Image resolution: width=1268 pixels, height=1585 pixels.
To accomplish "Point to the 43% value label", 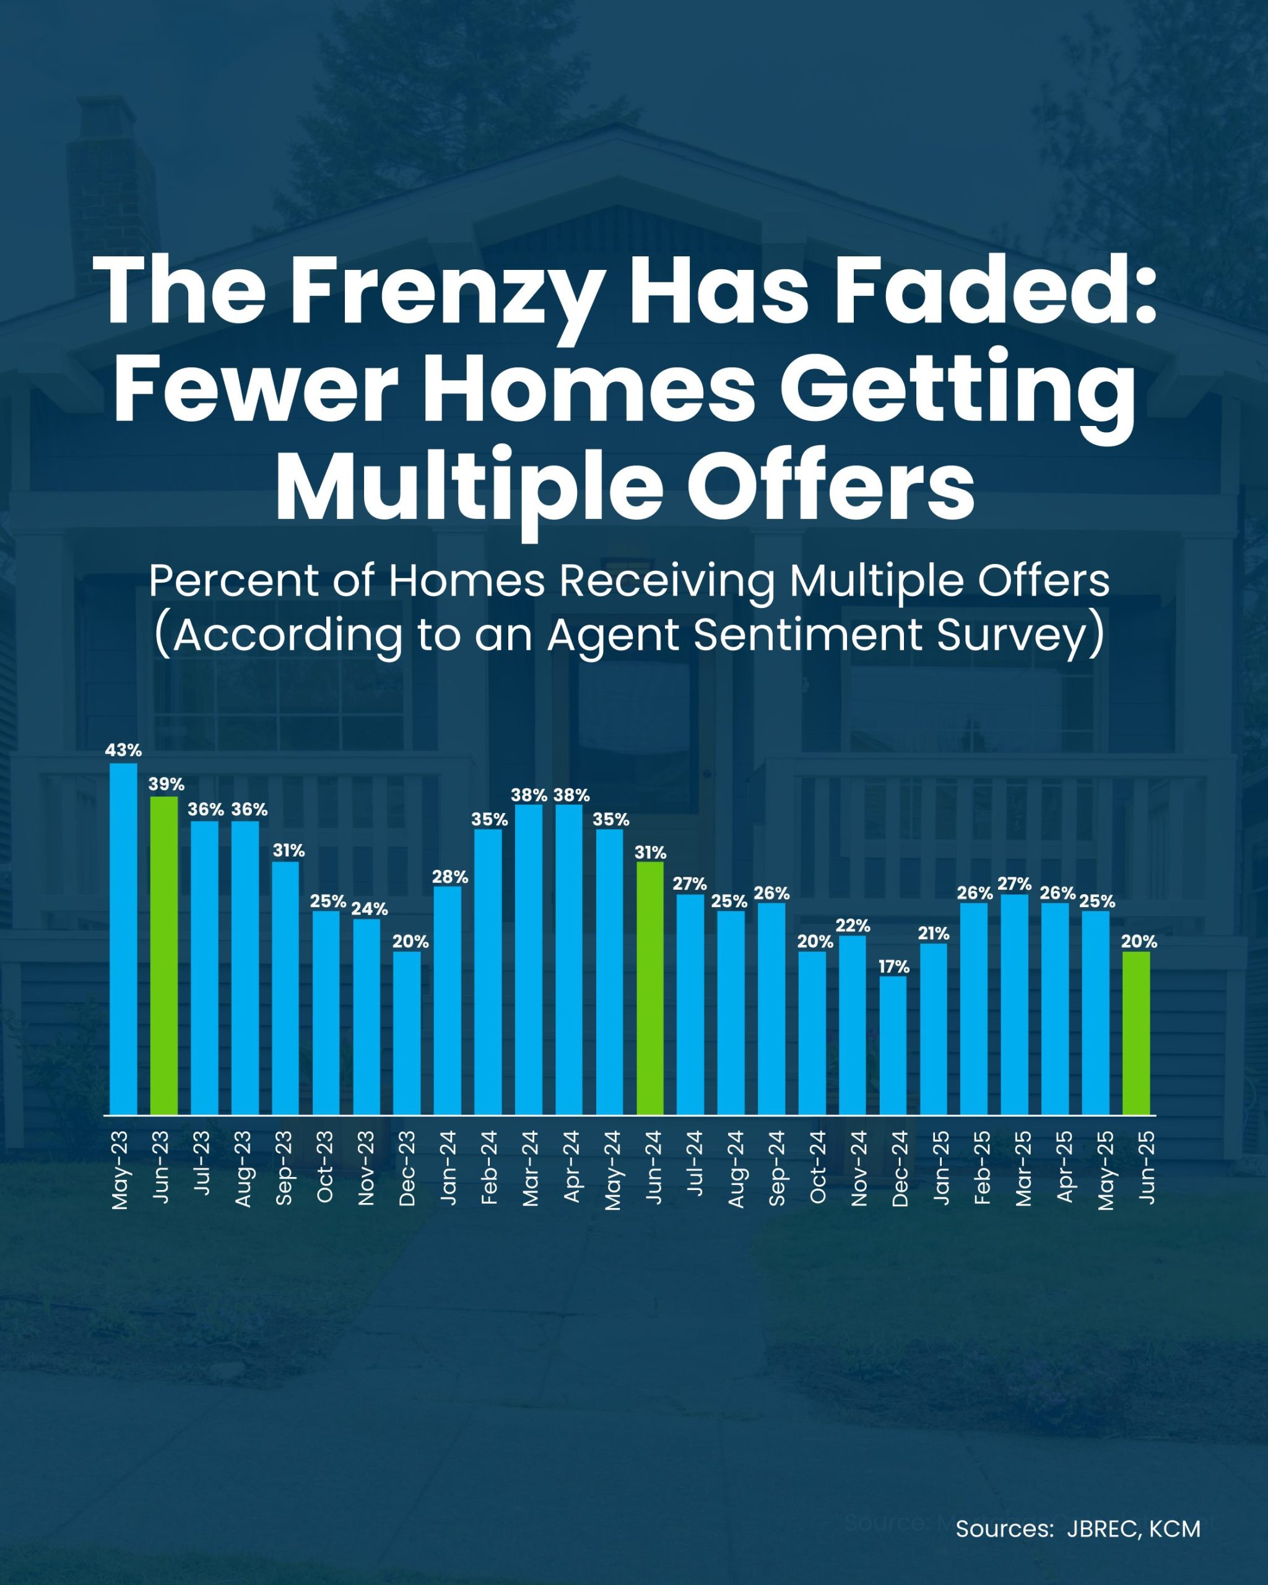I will click(x=123, y=750).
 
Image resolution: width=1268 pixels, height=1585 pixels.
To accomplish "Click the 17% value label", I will click(x=894, y=966).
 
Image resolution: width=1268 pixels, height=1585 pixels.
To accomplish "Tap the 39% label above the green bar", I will click(x=166, y=784).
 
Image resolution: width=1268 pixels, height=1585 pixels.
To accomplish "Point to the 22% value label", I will click(x=853, y=925).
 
